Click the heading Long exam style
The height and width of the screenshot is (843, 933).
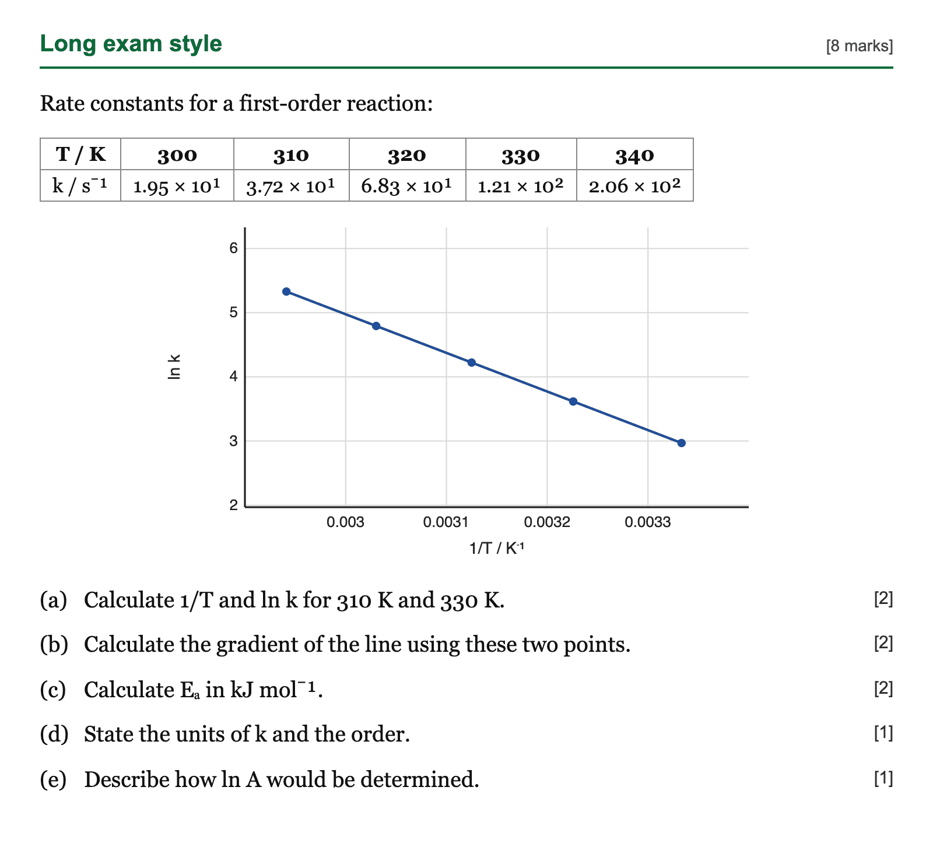point(131,44)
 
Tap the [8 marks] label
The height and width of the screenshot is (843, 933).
point(860,46)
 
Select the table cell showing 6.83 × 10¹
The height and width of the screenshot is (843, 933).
point(407,186)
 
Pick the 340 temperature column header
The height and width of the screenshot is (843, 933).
point(635,155)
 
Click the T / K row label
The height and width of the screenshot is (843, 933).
point(80,154)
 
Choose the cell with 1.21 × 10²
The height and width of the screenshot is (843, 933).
point(521,186)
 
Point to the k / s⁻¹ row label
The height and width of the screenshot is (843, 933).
point(80,186)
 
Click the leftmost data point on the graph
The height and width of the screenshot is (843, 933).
point(286,291)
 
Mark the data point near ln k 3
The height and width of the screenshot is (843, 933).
point(681,443)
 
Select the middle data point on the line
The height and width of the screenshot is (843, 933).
point(472,363)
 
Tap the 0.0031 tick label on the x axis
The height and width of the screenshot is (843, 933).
point(446,522)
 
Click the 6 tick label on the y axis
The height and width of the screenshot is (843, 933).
point(234,248)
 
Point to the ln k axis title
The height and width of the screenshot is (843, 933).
point(174,367)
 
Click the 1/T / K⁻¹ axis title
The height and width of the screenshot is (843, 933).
point(497,549)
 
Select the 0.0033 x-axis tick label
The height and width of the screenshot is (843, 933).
point(648,522)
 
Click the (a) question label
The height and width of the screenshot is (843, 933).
point(54,600)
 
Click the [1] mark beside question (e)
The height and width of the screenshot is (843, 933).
point(883,778)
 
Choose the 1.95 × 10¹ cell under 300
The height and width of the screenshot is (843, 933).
point(177,186)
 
